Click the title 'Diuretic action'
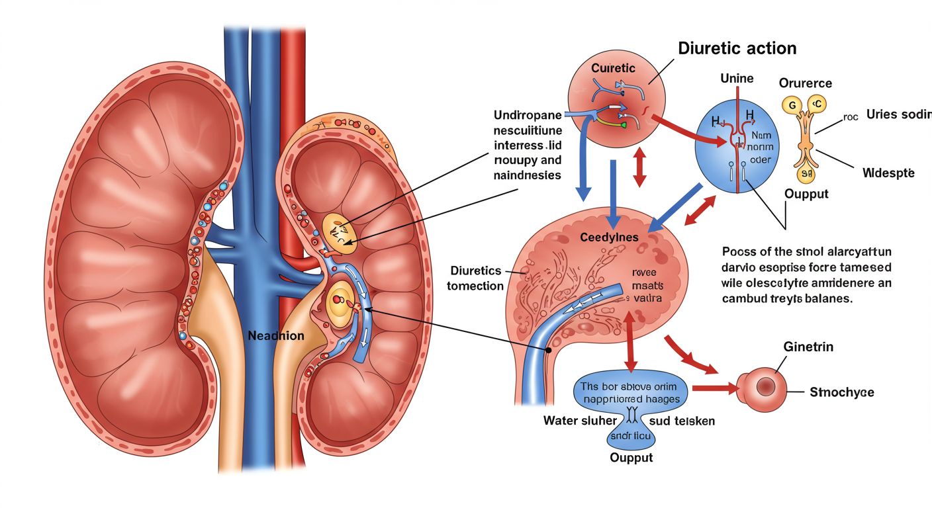[x=737, y=48]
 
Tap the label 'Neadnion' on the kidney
[x=276, y=336]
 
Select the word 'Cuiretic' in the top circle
[x=613, y=68]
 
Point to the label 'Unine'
[x=737, y=79]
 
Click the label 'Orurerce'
[x=806, y=83]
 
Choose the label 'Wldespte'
[x=888, y=173]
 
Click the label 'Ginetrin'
[x=808, y=347]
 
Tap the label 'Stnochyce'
[x=841, y=392]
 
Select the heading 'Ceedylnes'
[x=609, y=237]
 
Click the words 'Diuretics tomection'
[x=476, y=278]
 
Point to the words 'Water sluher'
[x=580, y=420]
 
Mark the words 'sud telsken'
[x=682, y=420]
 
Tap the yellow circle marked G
[x=790, y=105]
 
